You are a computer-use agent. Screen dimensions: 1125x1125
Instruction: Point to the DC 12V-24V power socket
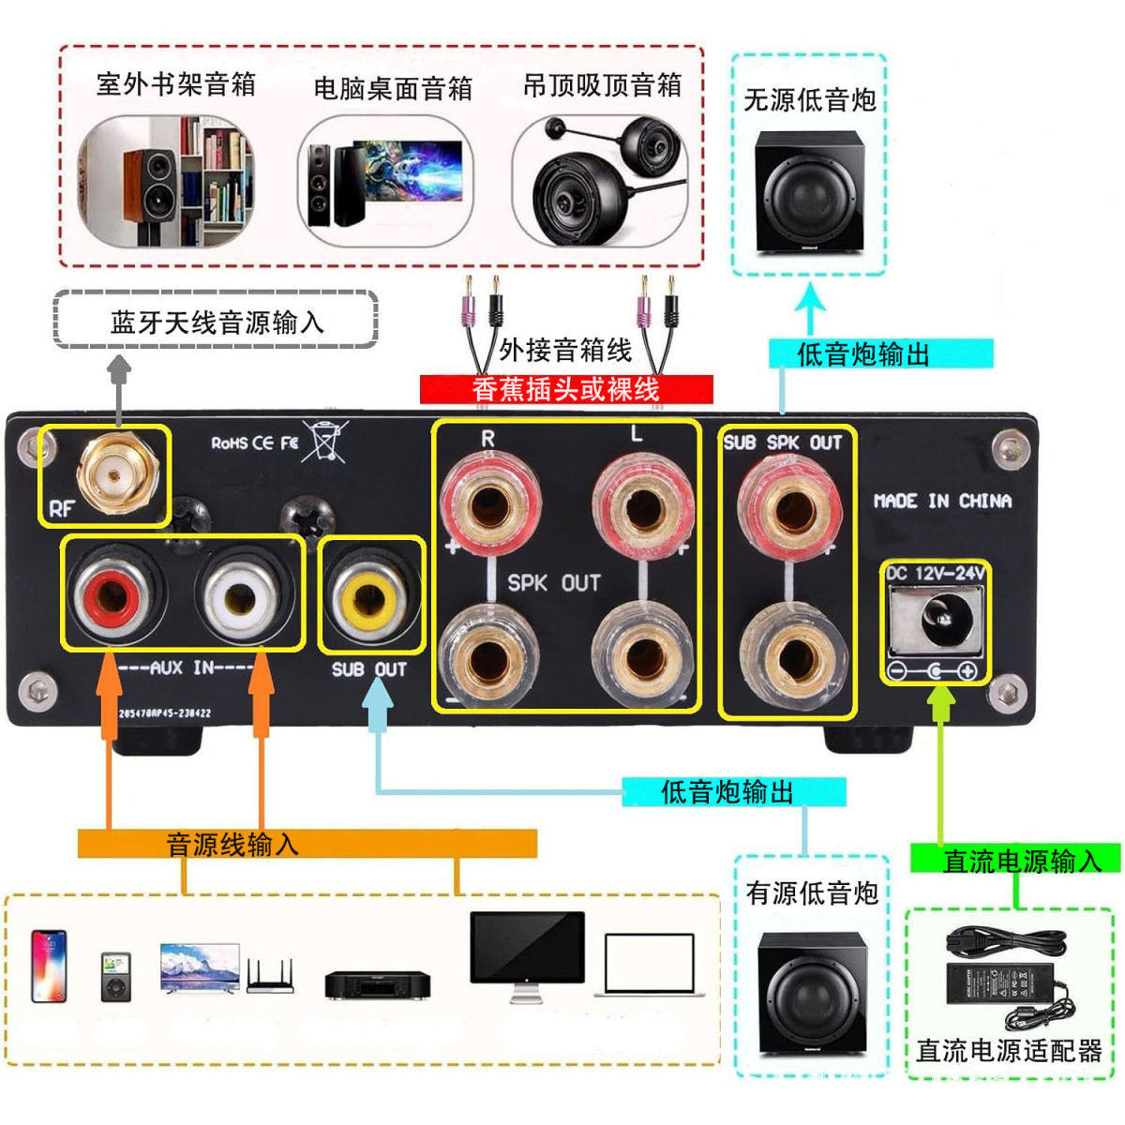pyautogui.click(x=936, y=619)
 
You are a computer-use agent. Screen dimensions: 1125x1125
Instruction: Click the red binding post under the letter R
pyautogui.click(x=487, y=506)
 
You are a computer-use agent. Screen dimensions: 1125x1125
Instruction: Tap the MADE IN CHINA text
pyautogui.click(x=942, y=501)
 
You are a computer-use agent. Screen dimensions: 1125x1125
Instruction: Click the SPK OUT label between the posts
pyautogui.click(x=553, y=583)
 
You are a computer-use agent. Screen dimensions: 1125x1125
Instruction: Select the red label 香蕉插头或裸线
pyautogui.click(x=565, y=389)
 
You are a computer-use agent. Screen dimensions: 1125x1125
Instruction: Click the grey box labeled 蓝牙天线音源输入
pyautogui.click(x=217, y=322)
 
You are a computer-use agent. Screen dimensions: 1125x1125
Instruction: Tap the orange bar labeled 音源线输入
pyautogui.click(x=307, y=844)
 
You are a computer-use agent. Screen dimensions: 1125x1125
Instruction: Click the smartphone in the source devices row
pyautogui.click(x=49, y=966)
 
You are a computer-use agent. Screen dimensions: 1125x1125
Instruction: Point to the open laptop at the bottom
pyautogui.click(x=649, y=964)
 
